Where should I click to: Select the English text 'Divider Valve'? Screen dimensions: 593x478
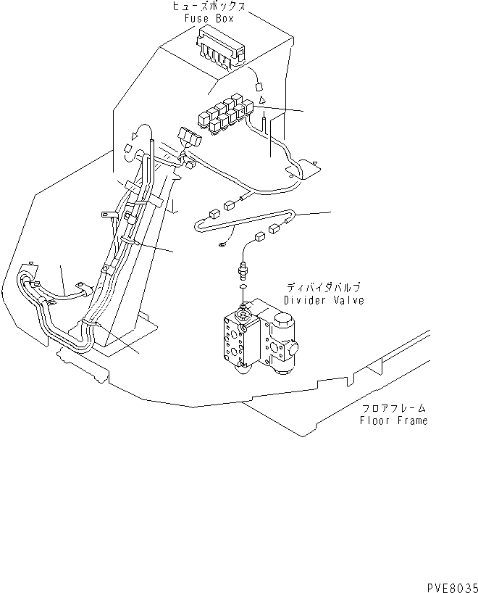(x=323, y=299)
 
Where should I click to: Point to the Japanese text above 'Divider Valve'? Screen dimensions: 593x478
(x=323, y=288)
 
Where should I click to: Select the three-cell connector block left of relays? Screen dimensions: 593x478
(x=190, y=136)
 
